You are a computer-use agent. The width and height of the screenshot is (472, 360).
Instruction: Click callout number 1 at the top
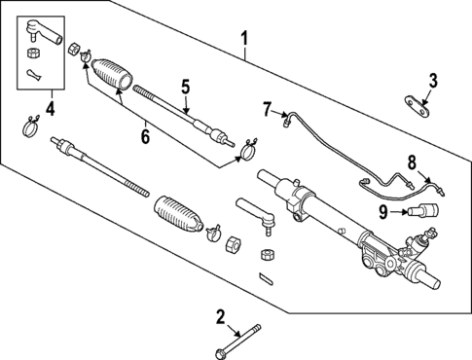pos(245,39)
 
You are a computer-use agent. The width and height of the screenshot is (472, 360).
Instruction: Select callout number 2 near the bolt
pos(220,315)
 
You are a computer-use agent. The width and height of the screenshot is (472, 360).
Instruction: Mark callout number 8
pos(412,162)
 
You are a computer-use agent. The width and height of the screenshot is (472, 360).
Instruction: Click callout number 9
pos(383,209)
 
